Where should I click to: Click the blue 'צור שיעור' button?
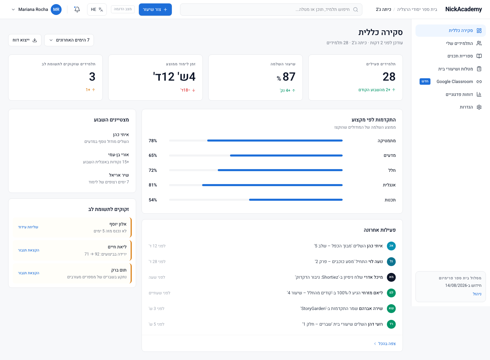tap(155, 10)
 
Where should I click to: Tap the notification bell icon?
tap(77, 10)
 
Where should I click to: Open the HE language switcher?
tap(97, 10)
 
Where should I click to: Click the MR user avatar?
tap(56, 10)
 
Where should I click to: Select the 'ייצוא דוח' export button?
tap(25, 40)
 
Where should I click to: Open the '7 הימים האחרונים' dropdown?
tap(69, 40)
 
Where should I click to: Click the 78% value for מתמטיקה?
tap(153, 141)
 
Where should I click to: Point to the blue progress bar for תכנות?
tap(296, 200)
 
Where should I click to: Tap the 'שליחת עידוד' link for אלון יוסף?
tap(28, 227)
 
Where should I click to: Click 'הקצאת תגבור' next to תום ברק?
tap(29, 273)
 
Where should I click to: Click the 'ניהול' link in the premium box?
tap(477, 294)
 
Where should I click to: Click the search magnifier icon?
tap(356, 10)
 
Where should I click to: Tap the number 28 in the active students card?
tap(389, 77)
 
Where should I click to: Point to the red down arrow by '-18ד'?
tap(194, 90)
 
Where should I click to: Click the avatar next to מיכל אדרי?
tap(391, 277)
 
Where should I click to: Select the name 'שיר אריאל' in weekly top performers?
tap(119, 175)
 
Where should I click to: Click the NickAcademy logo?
tap(463, 9)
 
